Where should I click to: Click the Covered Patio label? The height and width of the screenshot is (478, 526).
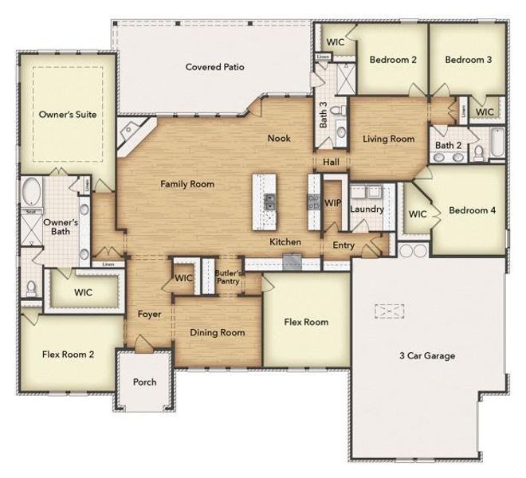pyautogui.click(x=214, y=67)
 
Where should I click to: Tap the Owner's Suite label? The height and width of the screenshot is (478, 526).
pyautogui.click(x=68, y=115)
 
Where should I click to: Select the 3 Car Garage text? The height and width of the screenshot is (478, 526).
pyautogui.click(x=427, y=355)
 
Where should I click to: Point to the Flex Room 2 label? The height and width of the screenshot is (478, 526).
pyautogui.click(x=68, y=354)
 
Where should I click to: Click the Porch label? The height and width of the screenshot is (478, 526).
pyautogui.click(x=145, y=382)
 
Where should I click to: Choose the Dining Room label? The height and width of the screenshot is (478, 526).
pyautogui.click(x=217, y=332)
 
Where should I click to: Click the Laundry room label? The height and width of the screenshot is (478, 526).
pyautogui.click(x=367, y=210)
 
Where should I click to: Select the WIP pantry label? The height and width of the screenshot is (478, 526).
pyautogui.click(x=332, y=204)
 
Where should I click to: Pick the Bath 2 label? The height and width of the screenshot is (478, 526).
pyautogui.click(x=449, y=146)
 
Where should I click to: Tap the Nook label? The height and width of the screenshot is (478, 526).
pyautogui.click(x=279, y=139)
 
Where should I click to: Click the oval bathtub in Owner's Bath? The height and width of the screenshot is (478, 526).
pyautogui.click(x=33, y=192)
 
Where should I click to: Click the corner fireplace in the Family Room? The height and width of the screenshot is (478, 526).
pyautogui.click(x=129, y=135)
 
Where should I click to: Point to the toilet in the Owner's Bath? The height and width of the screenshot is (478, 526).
pyautogui.click(x=31, y=287)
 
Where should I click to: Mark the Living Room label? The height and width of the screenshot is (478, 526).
pyautogui.click(x=388, y=139)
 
